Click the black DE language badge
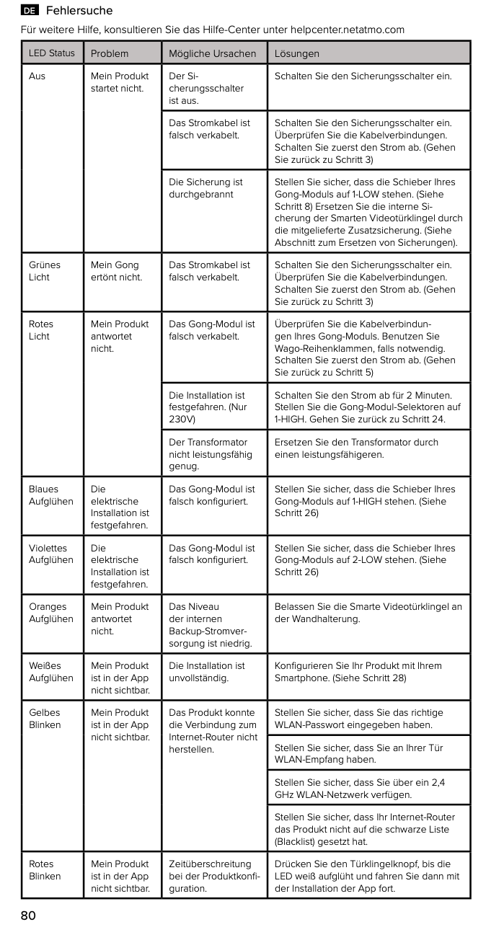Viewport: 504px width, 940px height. point(30,11)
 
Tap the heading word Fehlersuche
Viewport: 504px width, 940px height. point(79,11)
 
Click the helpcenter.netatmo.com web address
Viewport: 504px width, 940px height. point(347,30)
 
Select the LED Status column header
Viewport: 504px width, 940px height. point(51,53)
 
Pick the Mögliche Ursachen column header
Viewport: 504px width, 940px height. point(212,53)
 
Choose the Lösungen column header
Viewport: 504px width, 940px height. point(296,53)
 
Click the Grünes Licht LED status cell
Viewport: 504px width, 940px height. point(45,271)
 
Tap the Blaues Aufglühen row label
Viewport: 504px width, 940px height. point(50,495)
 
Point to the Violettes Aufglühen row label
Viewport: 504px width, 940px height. point(50,554)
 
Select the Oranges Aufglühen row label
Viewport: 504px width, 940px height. point(50,613)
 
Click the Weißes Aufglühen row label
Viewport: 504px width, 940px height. point(50,672)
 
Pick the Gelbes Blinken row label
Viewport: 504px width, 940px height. point(45,719)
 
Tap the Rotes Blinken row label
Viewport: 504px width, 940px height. point(45,870)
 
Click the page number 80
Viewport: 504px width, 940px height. point(28,916)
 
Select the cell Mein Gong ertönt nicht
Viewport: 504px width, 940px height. point(116,271)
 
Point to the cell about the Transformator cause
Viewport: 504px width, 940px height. point(210,454)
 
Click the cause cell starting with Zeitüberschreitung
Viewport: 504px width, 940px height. point(213,876)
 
